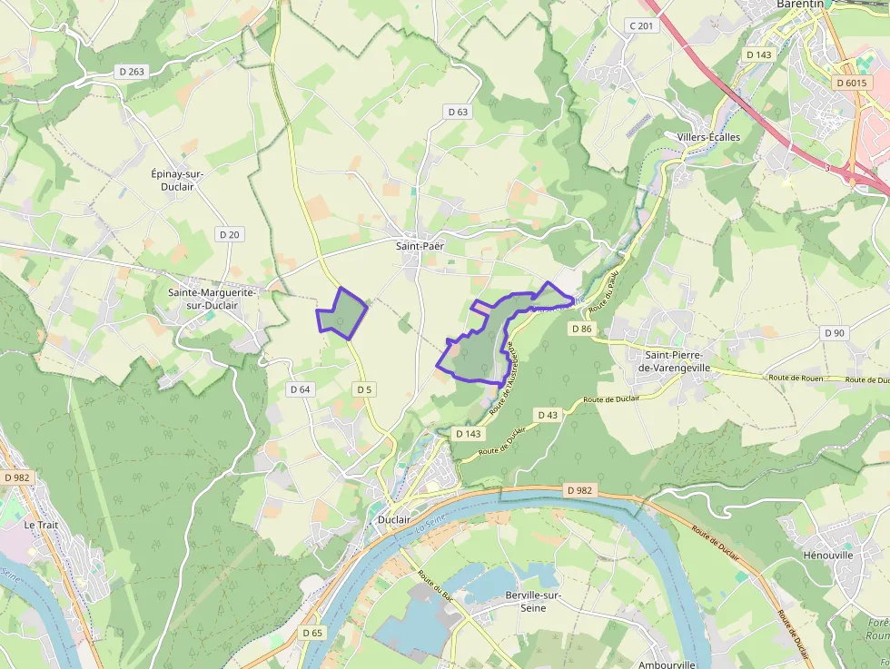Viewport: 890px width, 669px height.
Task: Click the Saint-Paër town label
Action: tap(419, 245)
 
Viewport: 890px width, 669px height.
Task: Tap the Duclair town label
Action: tap(394, 520)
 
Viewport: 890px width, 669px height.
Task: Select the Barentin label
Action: tap(799, 5)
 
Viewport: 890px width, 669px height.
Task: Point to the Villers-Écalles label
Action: tap(708, 137)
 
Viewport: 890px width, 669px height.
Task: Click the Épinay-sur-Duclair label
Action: tap(177, 179)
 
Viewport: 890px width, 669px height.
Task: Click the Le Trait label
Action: tap(41, 525)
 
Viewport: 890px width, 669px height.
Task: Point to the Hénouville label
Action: tap(829, 554)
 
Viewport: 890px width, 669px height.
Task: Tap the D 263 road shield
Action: tap(132, 72)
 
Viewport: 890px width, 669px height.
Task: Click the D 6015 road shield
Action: tap(850, 83)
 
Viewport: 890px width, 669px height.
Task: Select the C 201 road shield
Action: tap(641, 25)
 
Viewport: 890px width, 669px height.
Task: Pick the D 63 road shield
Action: tap(458, 112)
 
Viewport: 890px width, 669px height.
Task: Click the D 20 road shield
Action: tap(230, 234)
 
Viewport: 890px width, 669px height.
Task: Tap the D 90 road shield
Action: tap(834, 333)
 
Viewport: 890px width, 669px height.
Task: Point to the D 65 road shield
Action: tap(311, 633)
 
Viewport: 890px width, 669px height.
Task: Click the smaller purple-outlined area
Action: tap(342, 314)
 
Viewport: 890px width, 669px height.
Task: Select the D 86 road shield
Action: tap(582, 329)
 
